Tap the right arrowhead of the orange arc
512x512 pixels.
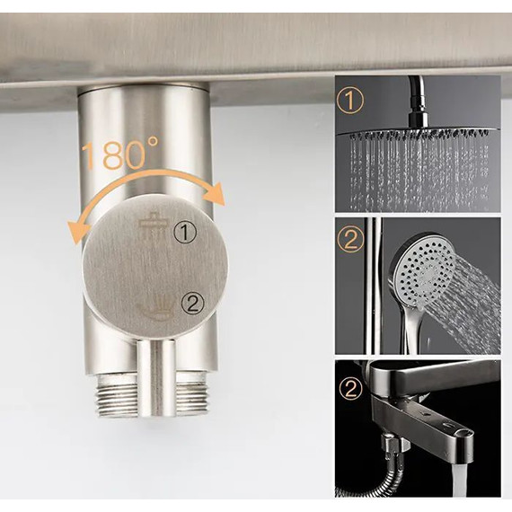[x=214, y=195]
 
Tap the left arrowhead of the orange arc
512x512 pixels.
[x=76, y=231]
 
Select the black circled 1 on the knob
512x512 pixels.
[x=185, y=232]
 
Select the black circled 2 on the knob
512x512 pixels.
[x=192, y=305]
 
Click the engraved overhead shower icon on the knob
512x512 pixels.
[x=153, y=226]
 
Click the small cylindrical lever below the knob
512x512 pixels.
[x=156, y=378]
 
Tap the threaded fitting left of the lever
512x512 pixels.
[x=118, y=396]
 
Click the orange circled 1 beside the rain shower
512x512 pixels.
[x=350, y=101]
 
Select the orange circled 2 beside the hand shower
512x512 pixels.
[x=350, y=240]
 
